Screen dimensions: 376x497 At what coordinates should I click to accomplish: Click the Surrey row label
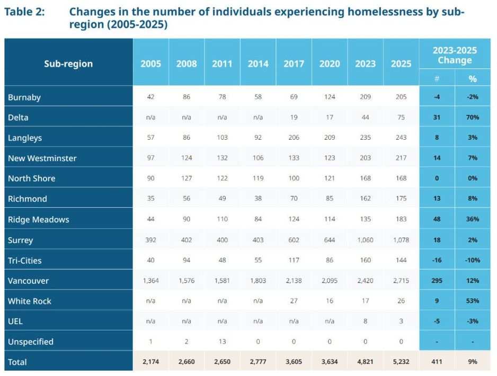tap(21, 240)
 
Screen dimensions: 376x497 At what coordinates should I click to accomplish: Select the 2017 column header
tap(294, 64)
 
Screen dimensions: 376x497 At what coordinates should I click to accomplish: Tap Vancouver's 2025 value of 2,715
tap(401, 281)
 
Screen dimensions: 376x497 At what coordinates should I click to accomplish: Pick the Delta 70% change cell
tap(473, 118)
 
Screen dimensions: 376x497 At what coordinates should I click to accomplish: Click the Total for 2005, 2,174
tap(151, 362)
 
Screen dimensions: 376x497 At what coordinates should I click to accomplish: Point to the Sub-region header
tap(68, 64)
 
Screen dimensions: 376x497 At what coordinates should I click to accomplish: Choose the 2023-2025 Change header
tap(455, 55)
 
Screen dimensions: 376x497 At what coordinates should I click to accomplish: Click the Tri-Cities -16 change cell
tap(437, 261)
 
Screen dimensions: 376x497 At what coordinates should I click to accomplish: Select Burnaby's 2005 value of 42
tap(151, 97)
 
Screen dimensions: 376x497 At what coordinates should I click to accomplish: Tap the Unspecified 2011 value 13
tap(222, 342)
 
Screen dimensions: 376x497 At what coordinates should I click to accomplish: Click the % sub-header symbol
tap(473, 79)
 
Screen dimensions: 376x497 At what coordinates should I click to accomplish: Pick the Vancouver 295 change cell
tap(437, 281)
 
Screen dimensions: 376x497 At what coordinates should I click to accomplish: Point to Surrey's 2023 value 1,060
tap(365, 240)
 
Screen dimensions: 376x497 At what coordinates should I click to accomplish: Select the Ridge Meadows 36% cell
tap(473, 219)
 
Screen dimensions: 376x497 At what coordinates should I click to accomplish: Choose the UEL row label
tap(15, 321)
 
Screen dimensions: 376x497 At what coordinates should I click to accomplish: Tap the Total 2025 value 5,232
tap(401, 362)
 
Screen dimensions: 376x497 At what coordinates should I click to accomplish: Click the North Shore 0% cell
tap(473, 178)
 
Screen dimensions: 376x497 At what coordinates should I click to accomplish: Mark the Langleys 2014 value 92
tap(258, 138)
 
